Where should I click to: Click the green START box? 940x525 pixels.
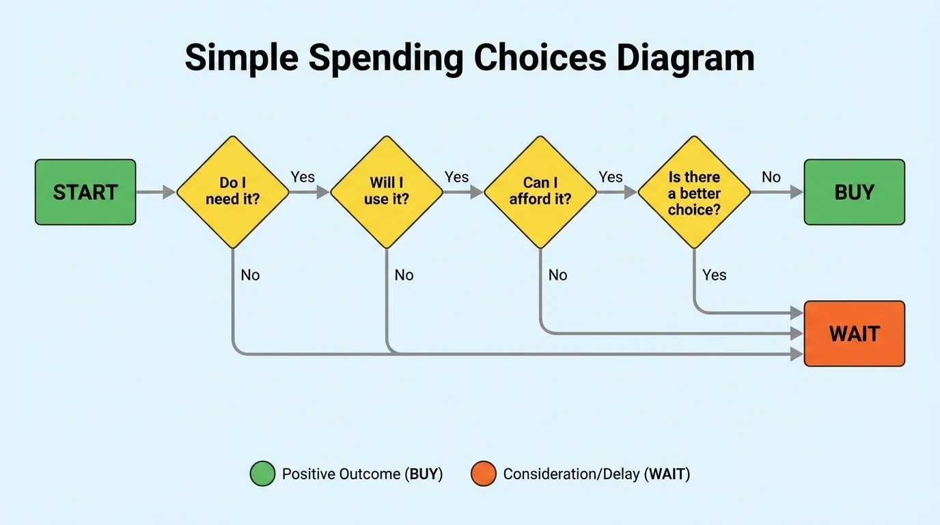click(85, 192)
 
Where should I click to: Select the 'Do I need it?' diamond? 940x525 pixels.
click(233, 192)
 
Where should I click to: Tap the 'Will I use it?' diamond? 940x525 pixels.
click(387, 192)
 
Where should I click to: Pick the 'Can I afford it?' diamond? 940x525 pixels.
click(540, 192)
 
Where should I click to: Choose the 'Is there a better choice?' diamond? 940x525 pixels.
click(694, 192)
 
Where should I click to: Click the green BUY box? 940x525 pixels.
click(854, 192)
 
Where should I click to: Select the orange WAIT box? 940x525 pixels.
click(854, 334)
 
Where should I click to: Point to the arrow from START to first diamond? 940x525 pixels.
click(156, 192)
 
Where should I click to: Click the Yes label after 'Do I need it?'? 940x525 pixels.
click(303, 177)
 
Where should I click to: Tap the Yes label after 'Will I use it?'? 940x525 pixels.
click(456, 177)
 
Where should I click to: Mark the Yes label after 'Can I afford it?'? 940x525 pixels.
click(610, 177)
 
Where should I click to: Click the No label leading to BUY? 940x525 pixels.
click(771, 177)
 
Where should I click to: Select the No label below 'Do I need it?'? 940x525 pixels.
click(250, 275)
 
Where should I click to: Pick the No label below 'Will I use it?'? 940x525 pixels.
click(404, 275)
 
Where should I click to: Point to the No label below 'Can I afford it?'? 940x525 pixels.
click(557, 275)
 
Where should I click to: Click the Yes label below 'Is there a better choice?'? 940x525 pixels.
click(714, 275)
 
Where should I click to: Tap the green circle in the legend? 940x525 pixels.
click(262, 474)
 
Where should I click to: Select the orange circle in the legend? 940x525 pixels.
click(483, 474)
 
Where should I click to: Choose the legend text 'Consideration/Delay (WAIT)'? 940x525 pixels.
click(596, 474)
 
